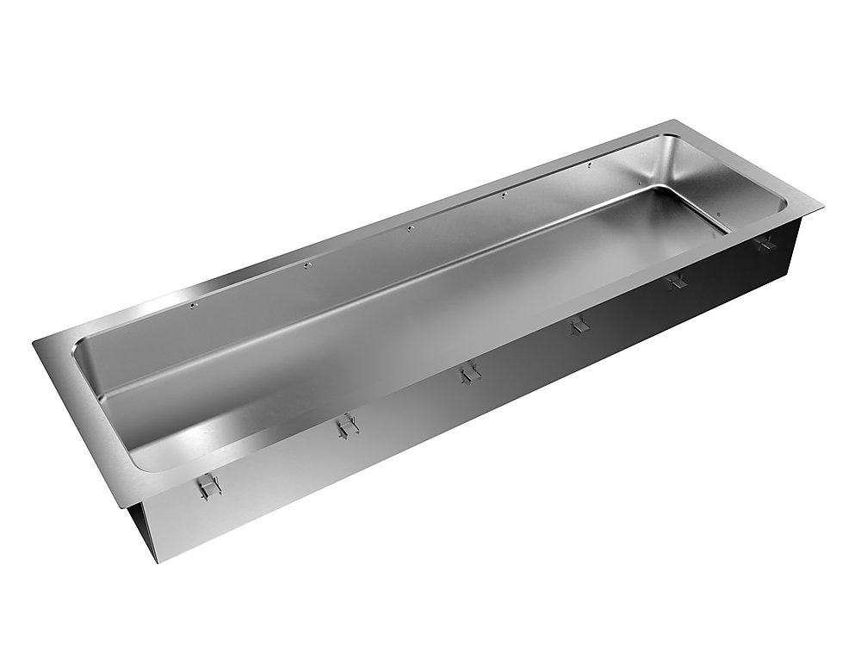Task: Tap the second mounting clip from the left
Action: click(345, 426)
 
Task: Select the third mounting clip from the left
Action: click(468, 373)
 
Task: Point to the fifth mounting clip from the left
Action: click(678, 281)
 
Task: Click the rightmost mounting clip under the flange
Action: click(764, 244)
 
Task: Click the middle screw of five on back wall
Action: click(411, 228)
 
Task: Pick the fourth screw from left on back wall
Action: click(504, 196)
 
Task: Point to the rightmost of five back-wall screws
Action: click(588, 165)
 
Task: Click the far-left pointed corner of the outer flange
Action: click(34, 344)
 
